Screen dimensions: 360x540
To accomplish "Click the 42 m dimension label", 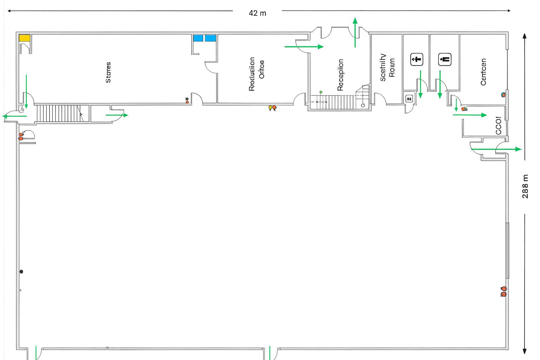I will [257, 13].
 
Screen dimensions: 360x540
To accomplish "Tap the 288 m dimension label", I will [525, 186].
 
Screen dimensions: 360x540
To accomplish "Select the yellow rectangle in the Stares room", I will [25, 38].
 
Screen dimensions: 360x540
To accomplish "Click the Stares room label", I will [108, 72].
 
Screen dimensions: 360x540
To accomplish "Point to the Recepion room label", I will [340, 75].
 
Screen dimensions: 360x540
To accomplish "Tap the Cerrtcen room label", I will [483, 72].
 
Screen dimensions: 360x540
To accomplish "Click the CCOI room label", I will [499, 126].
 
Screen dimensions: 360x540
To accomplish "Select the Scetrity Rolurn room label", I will [387, 67].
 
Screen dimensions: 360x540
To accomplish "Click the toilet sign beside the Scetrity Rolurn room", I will [417, 59].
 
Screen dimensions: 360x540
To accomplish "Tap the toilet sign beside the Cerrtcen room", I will [445, 59].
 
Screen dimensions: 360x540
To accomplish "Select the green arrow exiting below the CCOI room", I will [496, 149].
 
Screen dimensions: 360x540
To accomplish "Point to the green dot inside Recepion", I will [321, 92].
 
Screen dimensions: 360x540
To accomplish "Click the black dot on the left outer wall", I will [21, 271].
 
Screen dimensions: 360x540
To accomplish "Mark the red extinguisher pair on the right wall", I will [504, 291].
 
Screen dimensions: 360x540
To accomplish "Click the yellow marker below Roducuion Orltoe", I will [270, 107].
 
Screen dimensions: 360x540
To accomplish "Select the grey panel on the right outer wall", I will [507, 250].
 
